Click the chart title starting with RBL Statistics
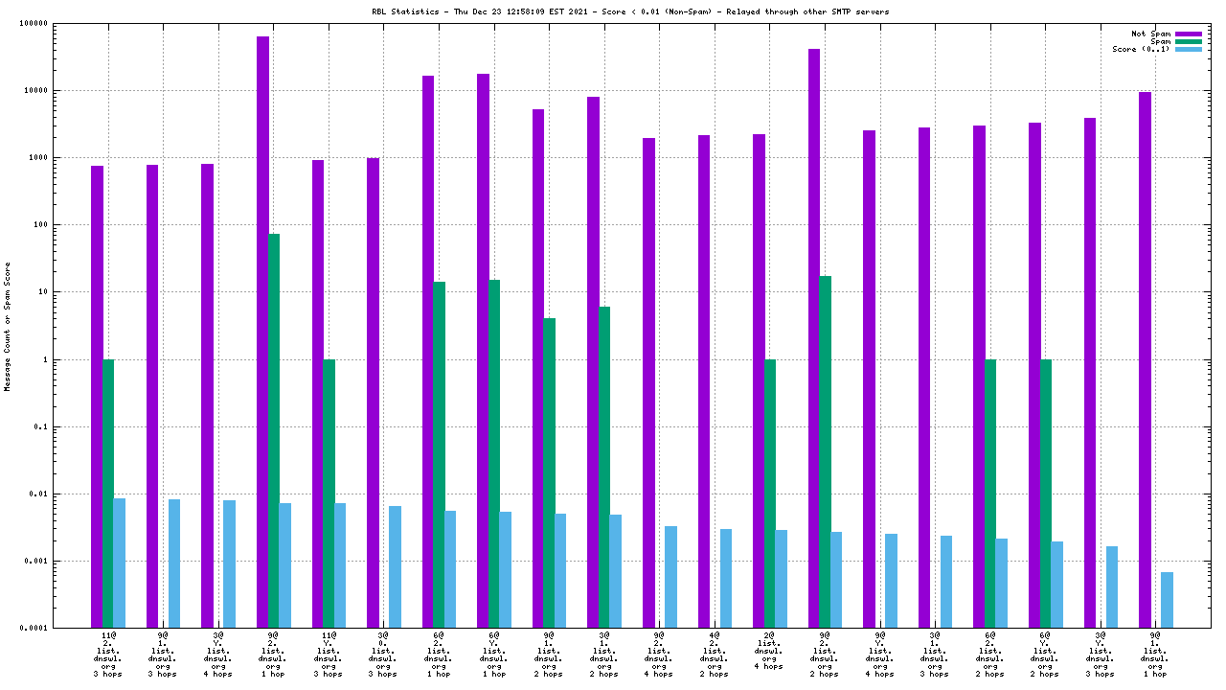[629, 12]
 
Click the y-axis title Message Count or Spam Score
[8, 327]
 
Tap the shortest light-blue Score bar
[1167, 600]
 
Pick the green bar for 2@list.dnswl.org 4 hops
[770, 494]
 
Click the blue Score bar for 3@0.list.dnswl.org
[395, 566]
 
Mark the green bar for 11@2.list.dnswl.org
[108, 494]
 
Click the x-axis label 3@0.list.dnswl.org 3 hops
[383, 654]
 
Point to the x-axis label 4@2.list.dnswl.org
[714, 654]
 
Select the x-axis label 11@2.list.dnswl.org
[108, 654]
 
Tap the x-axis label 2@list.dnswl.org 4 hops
[769, 652]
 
